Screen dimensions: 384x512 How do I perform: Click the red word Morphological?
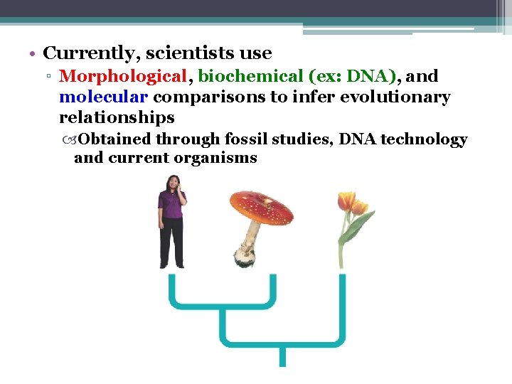pyautogui.click(x=122, y=76)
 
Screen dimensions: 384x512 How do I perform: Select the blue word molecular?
pyautogui.click(x=103, y=97)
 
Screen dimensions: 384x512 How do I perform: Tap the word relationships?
pyautogui.click(x=117, y=117)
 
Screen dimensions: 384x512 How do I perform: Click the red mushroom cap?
pyautogui.click(x=261, y=206)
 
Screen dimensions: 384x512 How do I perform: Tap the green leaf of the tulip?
pyautogui.click(x=358, y=226)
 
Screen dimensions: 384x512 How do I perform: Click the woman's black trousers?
pyautogui.click(x=171, y=245)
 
